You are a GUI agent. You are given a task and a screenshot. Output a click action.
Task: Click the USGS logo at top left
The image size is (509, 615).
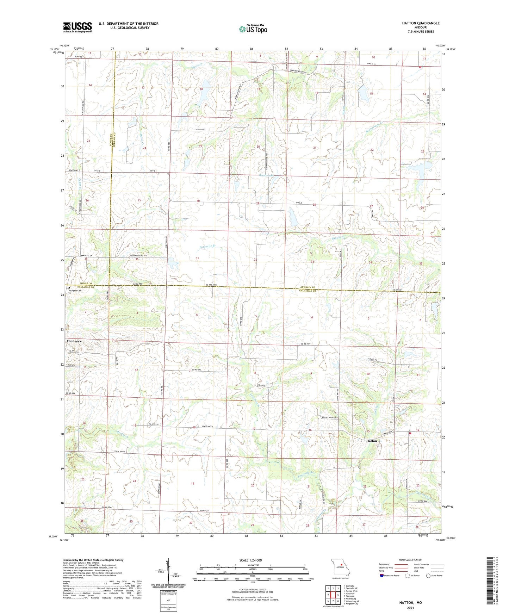tap(77, 27)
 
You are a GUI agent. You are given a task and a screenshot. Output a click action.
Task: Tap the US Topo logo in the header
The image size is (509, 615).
tap(253, 29)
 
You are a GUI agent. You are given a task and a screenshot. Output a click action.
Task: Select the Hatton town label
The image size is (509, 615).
tap(371, 441)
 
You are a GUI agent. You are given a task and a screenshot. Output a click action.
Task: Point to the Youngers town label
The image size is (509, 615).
tap(74, 341)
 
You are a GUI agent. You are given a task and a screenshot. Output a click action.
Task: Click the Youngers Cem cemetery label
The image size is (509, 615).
tap(75, 291)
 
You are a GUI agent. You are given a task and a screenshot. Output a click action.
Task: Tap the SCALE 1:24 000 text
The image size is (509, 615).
tap(250, 560)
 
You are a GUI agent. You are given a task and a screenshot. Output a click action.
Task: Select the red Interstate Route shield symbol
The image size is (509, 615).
tap(382, 576)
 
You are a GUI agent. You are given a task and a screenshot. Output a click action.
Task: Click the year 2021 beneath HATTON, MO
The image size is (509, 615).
tap(410, 608)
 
